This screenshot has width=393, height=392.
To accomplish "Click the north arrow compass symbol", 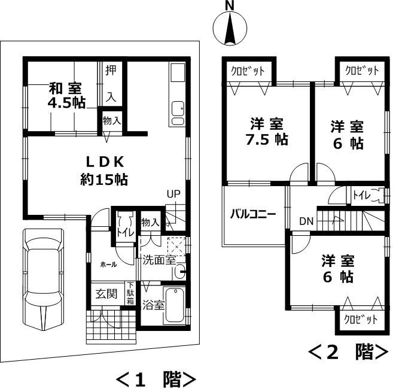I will [x=229, y=28].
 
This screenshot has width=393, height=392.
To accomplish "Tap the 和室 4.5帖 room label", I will [x=66, y=95].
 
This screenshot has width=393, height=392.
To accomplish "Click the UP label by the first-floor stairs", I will [x=173, y=194].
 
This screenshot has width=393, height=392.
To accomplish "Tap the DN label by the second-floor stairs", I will [x=306, y=221].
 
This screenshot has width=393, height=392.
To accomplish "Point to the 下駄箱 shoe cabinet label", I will [x=130, y=294].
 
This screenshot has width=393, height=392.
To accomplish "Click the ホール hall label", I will [x=108, y=263].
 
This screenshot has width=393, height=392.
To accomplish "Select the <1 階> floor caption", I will [x=155, y=379].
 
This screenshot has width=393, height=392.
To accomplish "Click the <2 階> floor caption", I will [x=348, y=352].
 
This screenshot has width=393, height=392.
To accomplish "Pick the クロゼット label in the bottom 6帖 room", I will [x=361, y=320].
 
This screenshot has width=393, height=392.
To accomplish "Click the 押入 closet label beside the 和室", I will [x=111, y=82].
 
